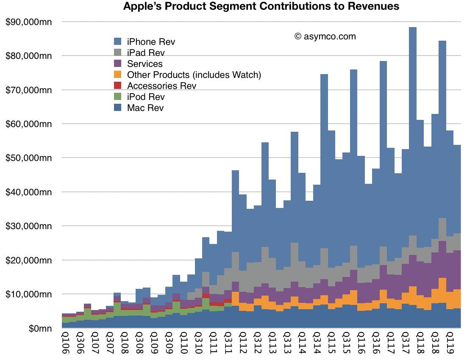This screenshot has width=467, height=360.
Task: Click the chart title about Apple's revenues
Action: pyautogui.click(x=261, y=6)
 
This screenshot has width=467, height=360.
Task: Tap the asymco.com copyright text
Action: pyautogui.click(x=325, y=36)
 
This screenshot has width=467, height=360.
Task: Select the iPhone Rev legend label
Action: pyautogui.click(x=150, y=42)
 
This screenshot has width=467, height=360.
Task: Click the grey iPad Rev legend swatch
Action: pyautogui.click(x=118, y=53)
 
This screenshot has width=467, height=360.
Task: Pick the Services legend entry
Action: pyautogui.click(x=145, y=64)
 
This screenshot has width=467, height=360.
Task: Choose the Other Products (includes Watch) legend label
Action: pyautogui.click(x=194, y=75)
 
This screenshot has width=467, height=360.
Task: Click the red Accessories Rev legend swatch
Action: pyautogui.click(x=118, y=86)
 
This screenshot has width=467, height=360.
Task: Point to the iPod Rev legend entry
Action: pyautogui.click(x=145, y=97)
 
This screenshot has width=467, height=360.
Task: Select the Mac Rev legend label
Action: pyautogui.click(x=145, y=108)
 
